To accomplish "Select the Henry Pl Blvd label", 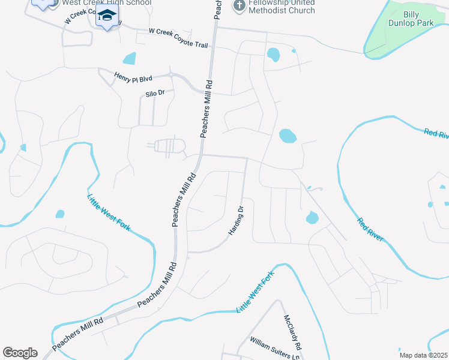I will click(x=133, y=77).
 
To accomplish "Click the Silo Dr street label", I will click(x=155, y=94).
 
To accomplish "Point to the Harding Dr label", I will click(x=236, y=220).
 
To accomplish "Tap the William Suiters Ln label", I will click(x=274, y=349).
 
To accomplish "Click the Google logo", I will click(x=20, y=353).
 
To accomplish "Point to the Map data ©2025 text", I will click(x=423, y=355).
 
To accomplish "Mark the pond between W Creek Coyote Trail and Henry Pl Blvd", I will click(x=129, y=59).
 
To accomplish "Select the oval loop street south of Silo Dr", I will click(x=170, y=146).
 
